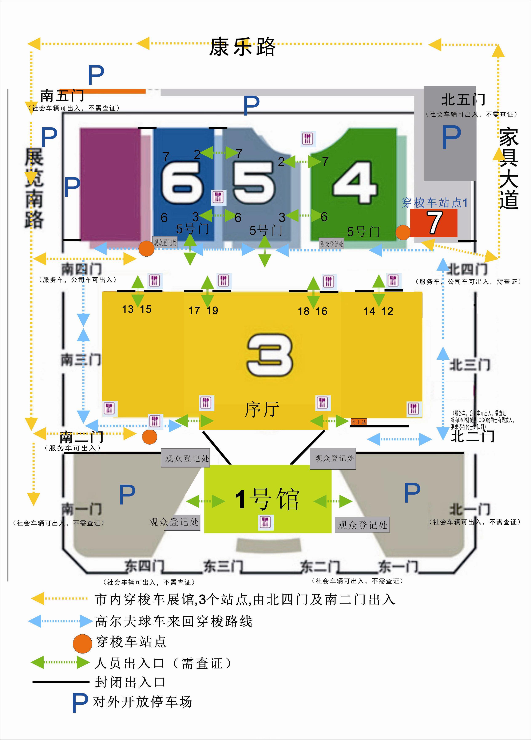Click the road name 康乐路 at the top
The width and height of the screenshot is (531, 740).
pos(242,47)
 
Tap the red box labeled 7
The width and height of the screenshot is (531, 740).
pos(434,223)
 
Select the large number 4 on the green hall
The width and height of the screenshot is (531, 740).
pos(355,183)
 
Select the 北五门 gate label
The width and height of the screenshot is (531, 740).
pos(463,100)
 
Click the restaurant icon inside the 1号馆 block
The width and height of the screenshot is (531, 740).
pos(265,522)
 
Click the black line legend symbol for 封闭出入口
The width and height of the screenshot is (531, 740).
pos(61,682)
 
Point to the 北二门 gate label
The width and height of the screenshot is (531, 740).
pos(472,436)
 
